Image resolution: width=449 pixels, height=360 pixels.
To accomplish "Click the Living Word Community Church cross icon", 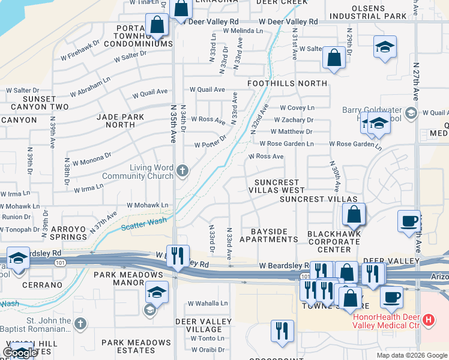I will click(x=182, y=172).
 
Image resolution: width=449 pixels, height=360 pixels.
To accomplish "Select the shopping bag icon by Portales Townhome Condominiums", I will click(x=156, y=25).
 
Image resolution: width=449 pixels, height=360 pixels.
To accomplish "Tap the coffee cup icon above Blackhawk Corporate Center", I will click(x=408, y=220).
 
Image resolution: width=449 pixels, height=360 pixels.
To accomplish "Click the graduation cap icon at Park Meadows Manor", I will click(x=156, y=292).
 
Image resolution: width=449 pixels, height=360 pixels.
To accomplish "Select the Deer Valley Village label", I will click(x=203, y=326).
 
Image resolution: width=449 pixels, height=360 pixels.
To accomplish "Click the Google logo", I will click(x=19, y=353).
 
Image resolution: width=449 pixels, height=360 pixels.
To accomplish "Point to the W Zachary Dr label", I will click(x=292, y=120).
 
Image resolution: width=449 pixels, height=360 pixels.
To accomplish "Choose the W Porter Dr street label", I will click(x=210, y=142).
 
